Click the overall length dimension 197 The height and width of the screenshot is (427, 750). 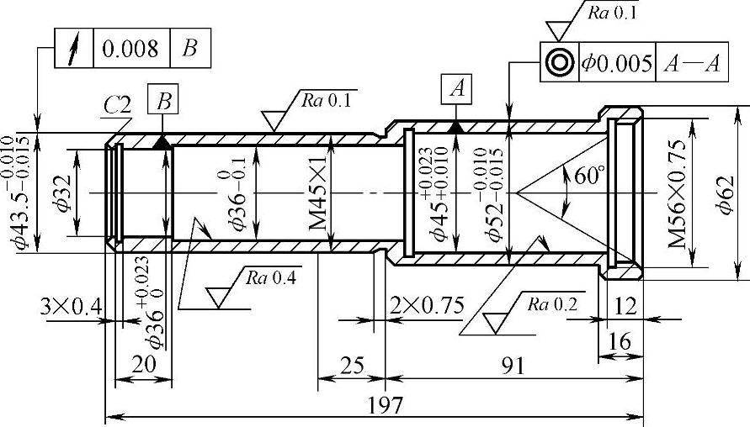point(385,405)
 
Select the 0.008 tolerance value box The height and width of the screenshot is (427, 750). point(131,48)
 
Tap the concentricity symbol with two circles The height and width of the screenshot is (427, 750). point(560,62)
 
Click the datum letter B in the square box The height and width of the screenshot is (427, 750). point(163,102)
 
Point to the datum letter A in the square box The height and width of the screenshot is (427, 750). point(458,89)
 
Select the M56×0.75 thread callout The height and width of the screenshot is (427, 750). point(678,193)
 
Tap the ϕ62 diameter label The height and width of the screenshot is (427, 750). point(725,195)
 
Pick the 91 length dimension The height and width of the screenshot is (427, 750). point(513,366)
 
